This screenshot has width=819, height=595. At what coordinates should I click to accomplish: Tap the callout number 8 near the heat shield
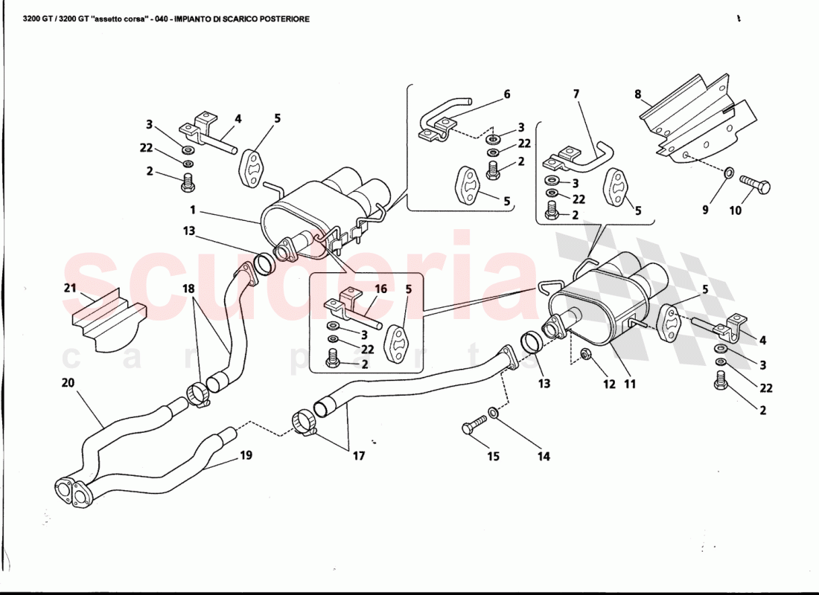pyautogui.click(x=638, y=94)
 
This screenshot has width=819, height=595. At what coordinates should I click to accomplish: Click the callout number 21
pyautogui.click(x=70, y=288)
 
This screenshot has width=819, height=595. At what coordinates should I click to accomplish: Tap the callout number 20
pyautogui.click(x=68, y=384)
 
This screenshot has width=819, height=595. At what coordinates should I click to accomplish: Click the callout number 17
pyautogui.click(x=359, y=456)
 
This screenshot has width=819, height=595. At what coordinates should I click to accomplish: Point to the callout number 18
pyautogui.click(x=188, y=288)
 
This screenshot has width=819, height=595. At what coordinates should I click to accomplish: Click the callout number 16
pyautogui.click(x=380, y=288)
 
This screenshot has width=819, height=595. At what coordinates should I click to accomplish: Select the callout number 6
pyautogui.click(x=507, y=94)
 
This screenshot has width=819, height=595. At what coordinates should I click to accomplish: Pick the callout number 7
pyautogui.click(x=576, y=94)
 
